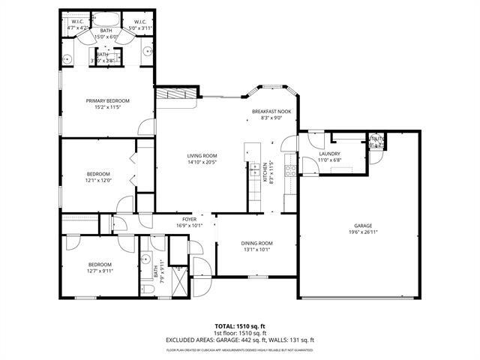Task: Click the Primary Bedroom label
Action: (107, 100)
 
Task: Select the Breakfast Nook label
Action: (271, 111)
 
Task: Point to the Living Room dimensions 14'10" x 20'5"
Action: (202, 162)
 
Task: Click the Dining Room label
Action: (256, 243)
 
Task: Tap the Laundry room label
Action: (329, 133)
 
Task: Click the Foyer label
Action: (190, 219)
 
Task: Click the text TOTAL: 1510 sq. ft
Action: (240, 326)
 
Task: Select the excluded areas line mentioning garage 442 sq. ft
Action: (240, 340)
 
